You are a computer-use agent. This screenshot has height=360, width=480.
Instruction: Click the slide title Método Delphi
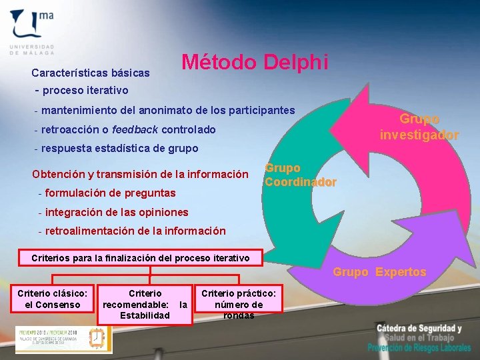click(255, 63)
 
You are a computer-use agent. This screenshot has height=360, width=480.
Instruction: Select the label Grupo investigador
click(419, 127)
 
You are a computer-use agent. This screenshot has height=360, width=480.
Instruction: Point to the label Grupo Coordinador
click(300, 175)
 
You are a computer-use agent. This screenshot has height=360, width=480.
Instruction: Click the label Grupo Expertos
click(379, 272)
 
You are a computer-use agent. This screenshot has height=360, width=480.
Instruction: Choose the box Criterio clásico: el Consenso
click(52, 299)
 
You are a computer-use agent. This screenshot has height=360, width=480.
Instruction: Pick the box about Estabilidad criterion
click(145, 304)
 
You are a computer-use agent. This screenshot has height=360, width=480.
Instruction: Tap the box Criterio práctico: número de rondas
click(239, 304)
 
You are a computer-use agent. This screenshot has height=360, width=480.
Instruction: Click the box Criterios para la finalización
click(141, 258)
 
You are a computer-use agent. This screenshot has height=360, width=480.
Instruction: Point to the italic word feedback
click(135, 129)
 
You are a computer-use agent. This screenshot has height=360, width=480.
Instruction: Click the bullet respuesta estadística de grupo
click(119, 148)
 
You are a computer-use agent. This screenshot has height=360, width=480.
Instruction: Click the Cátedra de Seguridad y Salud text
click(419, 333)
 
